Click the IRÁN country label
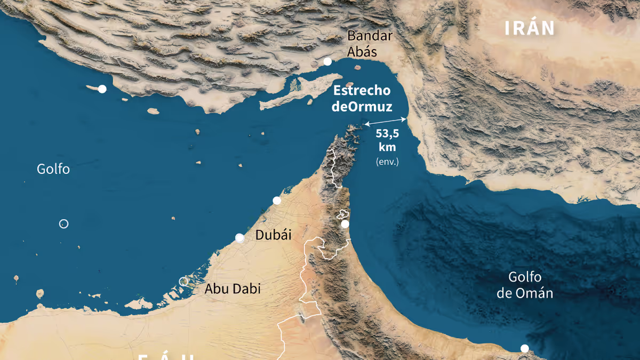pos(530,29)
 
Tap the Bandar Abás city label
pos(370,44)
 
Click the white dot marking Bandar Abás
pos(327,62)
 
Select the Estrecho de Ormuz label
pos(362,99)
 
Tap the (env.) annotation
pos(387,161)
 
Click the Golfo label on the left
pos(53,169)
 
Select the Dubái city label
pos(274,235)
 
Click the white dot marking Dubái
pos(239,238)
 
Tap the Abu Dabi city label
pos(233,289)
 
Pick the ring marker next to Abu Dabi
pos(183,281)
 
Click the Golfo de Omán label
pos(525,285)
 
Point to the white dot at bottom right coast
pos(525,348)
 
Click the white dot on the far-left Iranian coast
pos(102,89)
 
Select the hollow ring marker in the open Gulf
pos(63,224)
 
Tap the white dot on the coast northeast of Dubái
pos(277,201)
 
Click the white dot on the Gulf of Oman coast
pos(345,224)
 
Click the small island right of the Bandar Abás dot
pos(350,84)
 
